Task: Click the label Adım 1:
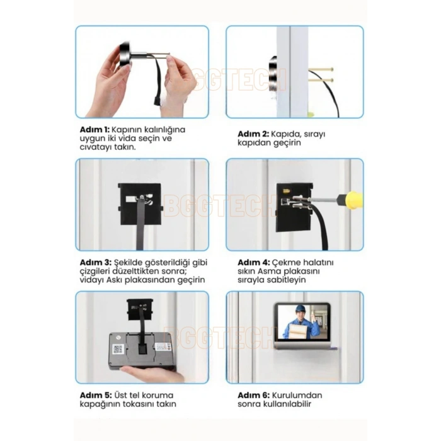pos(94,130)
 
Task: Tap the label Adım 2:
pos(253,134)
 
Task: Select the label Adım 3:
pos(96,263)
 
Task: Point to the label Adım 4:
pos(254,263)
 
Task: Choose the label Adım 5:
pos(96,395)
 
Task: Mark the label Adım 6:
pos(254,395)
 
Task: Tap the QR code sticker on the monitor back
pos(118,349)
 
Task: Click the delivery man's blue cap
pos(300,308)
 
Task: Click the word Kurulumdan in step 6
pos(297,395)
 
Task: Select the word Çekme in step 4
pos(285,263)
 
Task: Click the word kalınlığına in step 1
pos(165,130)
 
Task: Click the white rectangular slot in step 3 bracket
pos(131,199)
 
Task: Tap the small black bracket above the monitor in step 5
pos(140,309)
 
